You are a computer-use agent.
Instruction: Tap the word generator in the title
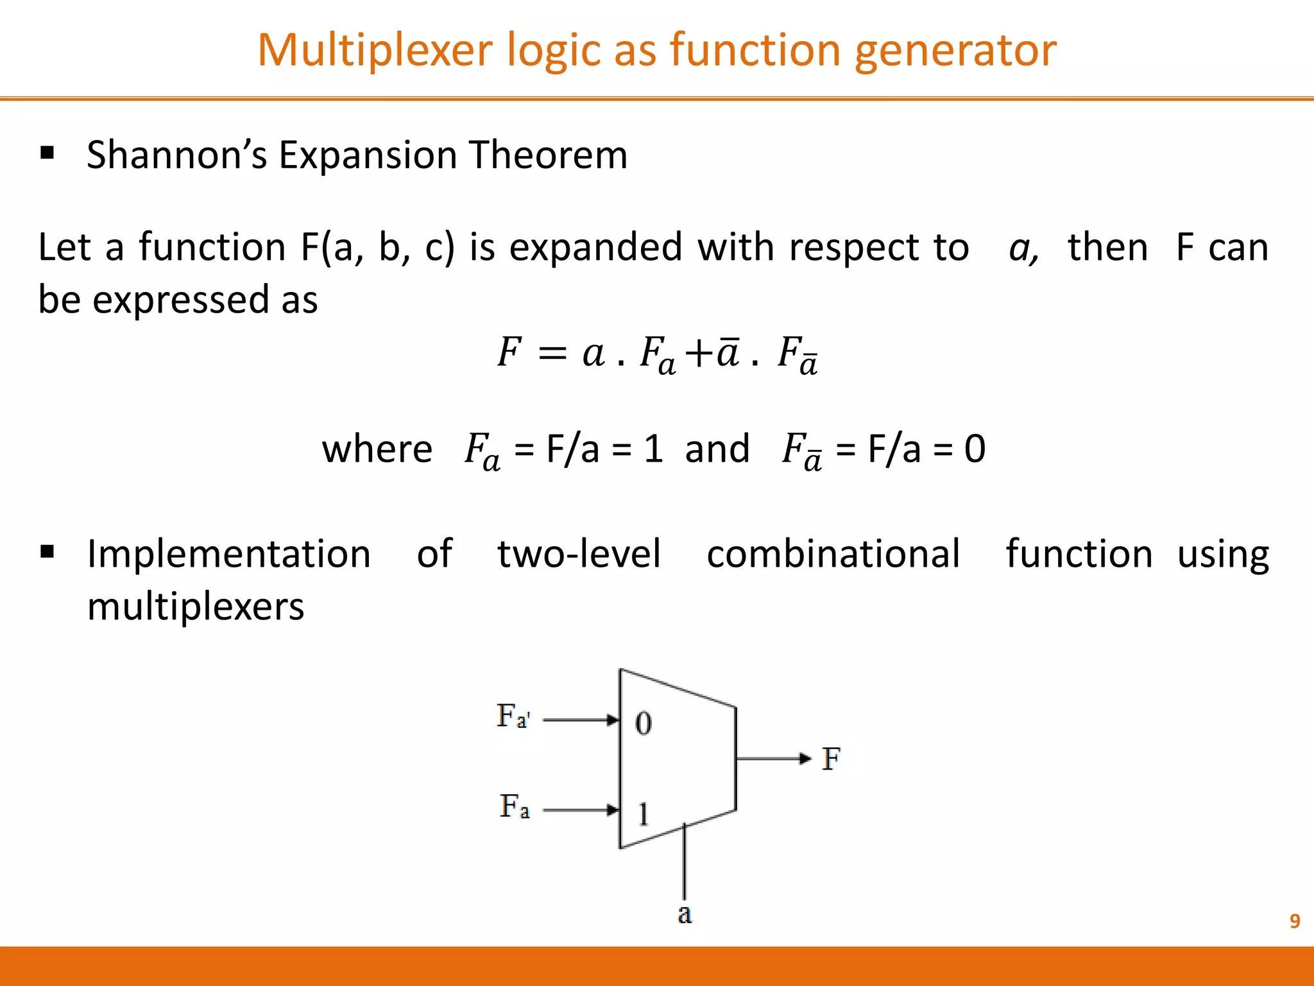[x=955, y=50]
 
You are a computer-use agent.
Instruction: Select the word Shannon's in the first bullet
[x=176, y=155]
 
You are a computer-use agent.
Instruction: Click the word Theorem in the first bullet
[x=548, y=155]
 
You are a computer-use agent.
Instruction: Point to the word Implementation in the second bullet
[x=229, y=553]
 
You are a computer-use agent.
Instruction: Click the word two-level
[x=579, y=553]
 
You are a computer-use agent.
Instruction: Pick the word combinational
[x=833, y=553]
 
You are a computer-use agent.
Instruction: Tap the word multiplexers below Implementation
[x=196, y=606]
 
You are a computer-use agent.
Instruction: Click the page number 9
[x=1295, y=921]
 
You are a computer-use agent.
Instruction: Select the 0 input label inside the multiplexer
[x=644, y=723]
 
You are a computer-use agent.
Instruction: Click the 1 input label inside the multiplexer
[x=643, y=814]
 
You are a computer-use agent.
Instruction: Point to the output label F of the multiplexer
[x=831, y=759]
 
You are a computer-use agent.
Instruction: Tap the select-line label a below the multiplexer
[x=685, y=913]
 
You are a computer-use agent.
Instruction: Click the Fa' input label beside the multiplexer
[x=513, y=716]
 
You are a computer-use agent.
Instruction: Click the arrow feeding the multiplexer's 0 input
[x=581, y=720]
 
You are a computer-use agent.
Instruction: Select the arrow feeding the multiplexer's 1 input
[x=581, y=810]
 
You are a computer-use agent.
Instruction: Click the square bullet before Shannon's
[x=47, y=153]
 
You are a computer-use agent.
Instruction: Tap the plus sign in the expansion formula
[x=699, y=353]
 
